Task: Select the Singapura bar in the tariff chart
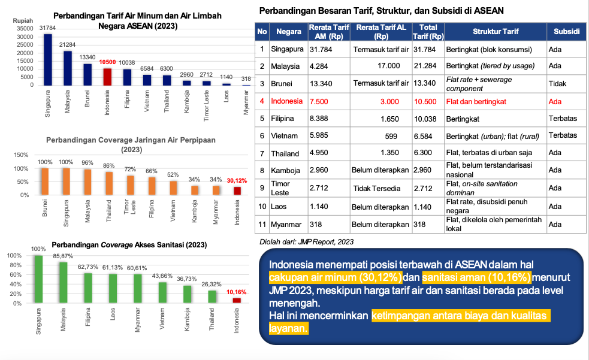coord(48,59)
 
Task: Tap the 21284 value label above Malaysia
coord(67,45)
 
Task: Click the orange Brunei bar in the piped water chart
coord(45,181)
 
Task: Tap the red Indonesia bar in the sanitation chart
coord(236,300)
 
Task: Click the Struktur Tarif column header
coord(496,32)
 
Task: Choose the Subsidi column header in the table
coord(566,32)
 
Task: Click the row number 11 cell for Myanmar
coord(262,224)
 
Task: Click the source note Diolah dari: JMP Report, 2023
coord(306,242)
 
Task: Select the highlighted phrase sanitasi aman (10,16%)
coord(476,278)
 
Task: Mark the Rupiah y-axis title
coord(23,20)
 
